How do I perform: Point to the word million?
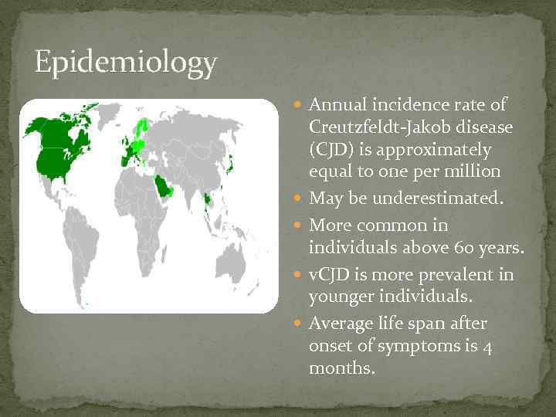[474, 171]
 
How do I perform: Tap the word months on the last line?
[341, 368]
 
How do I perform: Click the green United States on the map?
[58, 163]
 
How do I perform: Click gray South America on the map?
[85, 239]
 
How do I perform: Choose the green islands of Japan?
[229, 164]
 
